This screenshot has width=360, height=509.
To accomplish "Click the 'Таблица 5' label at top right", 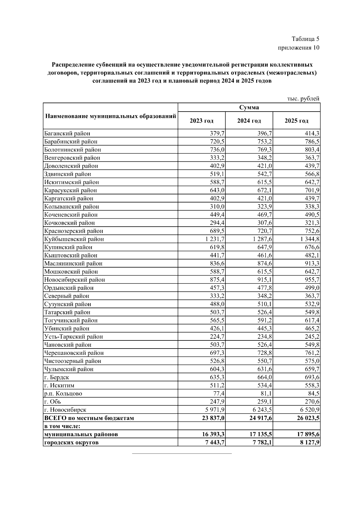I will pos(305,39).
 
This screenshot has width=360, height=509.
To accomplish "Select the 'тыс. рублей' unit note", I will pos(303,99).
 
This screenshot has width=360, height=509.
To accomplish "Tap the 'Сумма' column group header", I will pos(249,107).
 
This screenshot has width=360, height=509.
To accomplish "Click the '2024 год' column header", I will pos(249,121).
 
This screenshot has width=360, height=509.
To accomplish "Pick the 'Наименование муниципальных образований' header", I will pos(110,116).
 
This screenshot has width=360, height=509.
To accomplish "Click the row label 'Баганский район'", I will pos(67,133).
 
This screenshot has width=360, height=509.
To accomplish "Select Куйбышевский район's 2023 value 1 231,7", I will pos(214,239).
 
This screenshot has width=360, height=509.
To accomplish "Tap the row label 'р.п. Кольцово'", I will pos(63,394).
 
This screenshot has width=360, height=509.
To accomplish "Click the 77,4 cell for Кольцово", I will pos(219,394).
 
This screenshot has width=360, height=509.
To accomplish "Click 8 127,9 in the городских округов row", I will pos(309,442).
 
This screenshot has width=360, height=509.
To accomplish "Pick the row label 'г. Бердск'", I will pos(57,377).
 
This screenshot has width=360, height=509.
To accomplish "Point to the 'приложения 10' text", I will pos(298,48).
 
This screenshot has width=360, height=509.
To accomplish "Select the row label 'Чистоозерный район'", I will pos(73,361).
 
